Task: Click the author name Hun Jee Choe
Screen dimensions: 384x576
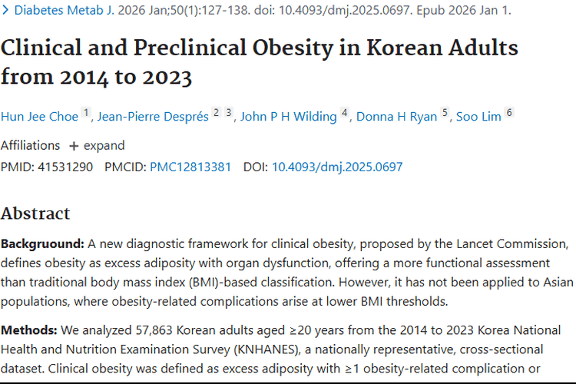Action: click(41, 117)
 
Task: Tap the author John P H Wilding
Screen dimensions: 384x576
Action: click(288, 117)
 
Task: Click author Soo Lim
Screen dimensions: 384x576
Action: click(478, 117)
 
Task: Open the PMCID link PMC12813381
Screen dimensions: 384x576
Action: click(190, 167)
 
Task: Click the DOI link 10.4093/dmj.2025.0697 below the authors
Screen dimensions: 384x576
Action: click(337, 167)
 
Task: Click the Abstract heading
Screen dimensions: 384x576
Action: click(35, 214)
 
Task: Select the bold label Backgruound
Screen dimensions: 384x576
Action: click(42, 244)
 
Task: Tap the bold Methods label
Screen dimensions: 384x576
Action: click(29, 330)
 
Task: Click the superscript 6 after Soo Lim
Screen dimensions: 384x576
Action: click(508, 113)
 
